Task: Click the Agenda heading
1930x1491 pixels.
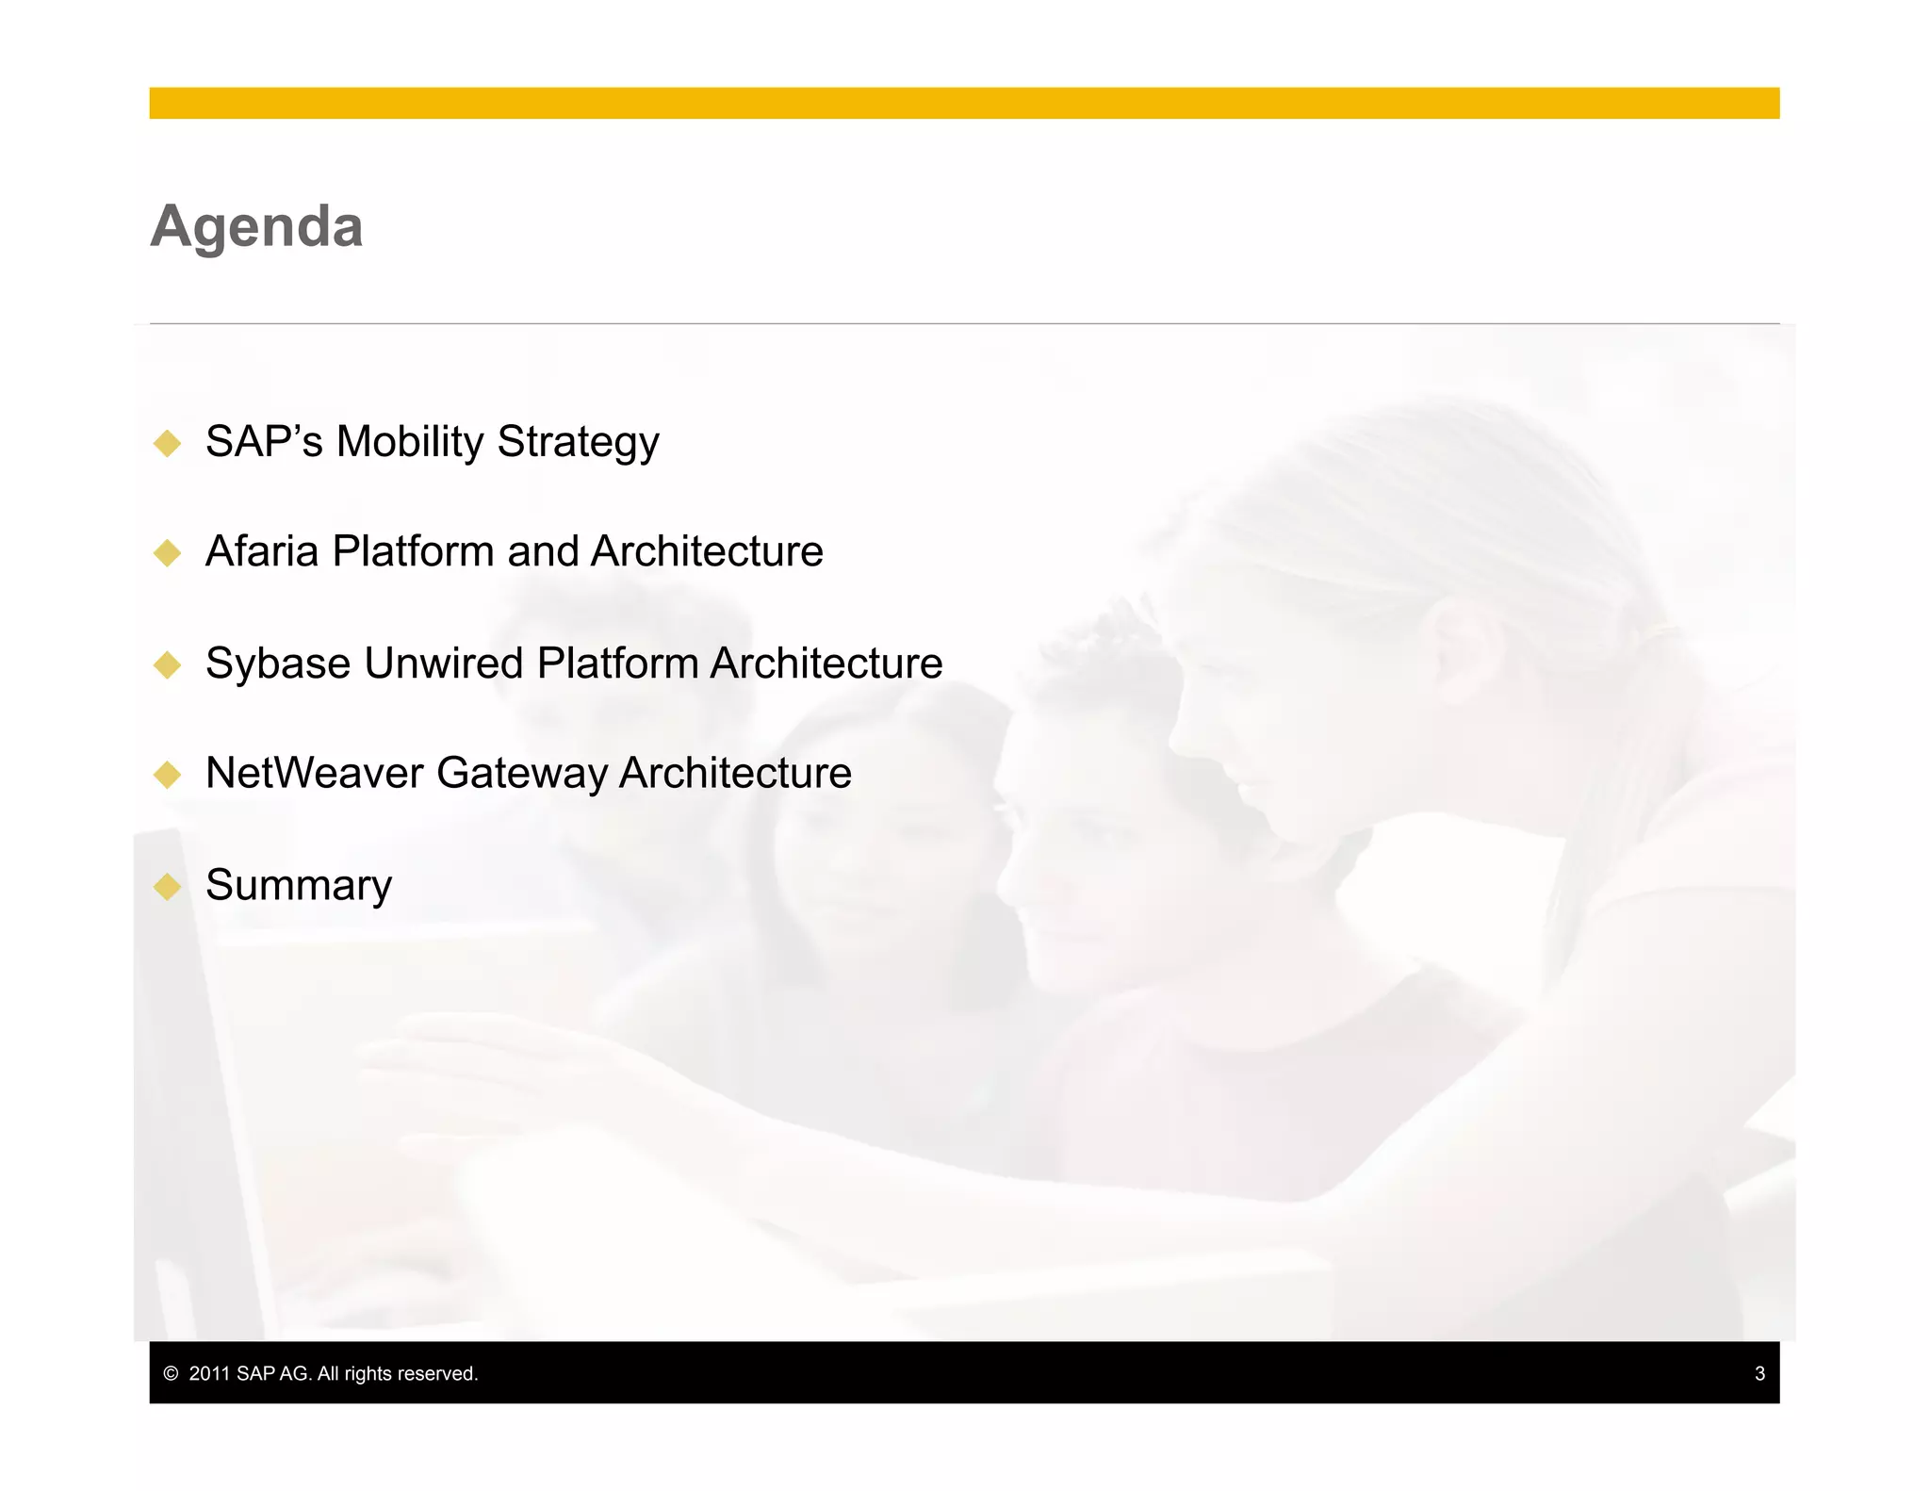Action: (x=256, y=227)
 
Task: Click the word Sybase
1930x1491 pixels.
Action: (x=278, y=664)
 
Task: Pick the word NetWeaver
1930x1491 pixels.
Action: (x=315, y=773)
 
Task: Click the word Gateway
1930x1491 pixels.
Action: (x=522, y=773)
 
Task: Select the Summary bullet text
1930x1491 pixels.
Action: (x=299, y=885)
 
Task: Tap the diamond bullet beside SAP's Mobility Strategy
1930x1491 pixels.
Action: (x=168, y=443)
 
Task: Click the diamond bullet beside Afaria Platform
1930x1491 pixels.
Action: (x=168, y=553)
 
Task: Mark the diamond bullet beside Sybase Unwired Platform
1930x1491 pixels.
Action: (x=168, y=665)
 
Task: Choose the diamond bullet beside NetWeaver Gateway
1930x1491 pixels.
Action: (x=168, y=775)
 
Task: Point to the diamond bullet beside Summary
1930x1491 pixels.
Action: (x=168, y=887)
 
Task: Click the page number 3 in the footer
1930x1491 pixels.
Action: (x=1759, y=1373)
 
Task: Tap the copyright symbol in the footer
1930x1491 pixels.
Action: (x=171, y=1373)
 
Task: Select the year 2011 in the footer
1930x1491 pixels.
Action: (x=209, y=1373)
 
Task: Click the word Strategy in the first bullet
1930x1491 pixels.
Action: (x=578, y=441)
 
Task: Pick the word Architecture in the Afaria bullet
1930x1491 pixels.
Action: (x=707, y=551)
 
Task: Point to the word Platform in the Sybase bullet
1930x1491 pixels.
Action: (x=617, y=664)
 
